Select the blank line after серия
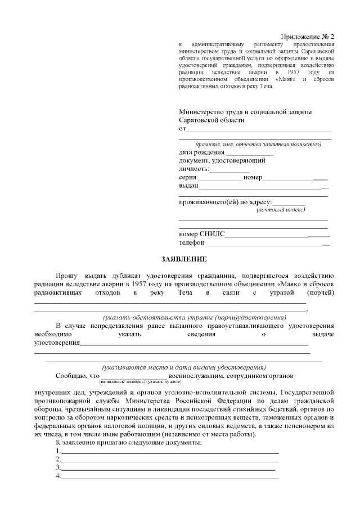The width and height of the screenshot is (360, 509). click(x=219, y=179)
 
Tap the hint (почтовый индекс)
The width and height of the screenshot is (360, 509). click(x=281, y=210)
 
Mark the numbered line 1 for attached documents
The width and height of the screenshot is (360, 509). click(x=169, y=452)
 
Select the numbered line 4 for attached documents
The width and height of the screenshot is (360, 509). click(x=169, y=477)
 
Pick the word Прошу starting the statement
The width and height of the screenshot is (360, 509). click(x=67, y=276)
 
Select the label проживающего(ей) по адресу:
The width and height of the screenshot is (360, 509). click(x=226, y=202)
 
